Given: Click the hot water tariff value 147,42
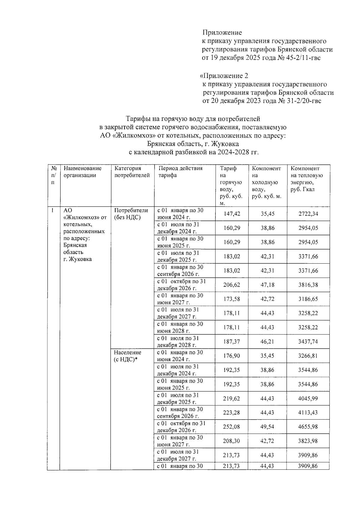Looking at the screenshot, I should [x=232, y=214].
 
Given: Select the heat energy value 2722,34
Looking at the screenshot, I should [x=308, y=214].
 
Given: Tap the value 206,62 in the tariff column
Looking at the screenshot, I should [x=232, y=285].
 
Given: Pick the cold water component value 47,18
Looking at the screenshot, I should [x=267, y=285].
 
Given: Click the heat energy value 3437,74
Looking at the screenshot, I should [x=308, y=342].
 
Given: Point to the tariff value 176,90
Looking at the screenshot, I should [x=232, y=356].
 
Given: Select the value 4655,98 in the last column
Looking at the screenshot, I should [x=308, y=427].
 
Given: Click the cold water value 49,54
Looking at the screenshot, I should [x=267, y=427].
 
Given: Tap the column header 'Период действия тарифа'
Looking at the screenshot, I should [x=180, y=172].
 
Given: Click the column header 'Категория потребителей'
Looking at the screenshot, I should [x=132, y=172].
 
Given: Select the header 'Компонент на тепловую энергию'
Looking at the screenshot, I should [x=307, y=179].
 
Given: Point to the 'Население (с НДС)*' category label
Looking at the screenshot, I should [x=127, y=356].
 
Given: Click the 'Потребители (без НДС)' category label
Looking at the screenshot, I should [x=131, y=214].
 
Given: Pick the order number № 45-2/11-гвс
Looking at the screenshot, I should [x=303, y=58].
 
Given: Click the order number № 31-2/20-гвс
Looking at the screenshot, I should [x=304, y=101].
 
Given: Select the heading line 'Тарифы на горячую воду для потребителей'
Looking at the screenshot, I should [x=193, y=119].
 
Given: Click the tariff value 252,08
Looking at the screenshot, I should [x=232, y=427].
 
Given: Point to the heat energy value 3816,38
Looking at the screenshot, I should [x=308, y=285].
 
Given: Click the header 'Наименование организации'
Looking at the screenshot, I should [x=82, y=172].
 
